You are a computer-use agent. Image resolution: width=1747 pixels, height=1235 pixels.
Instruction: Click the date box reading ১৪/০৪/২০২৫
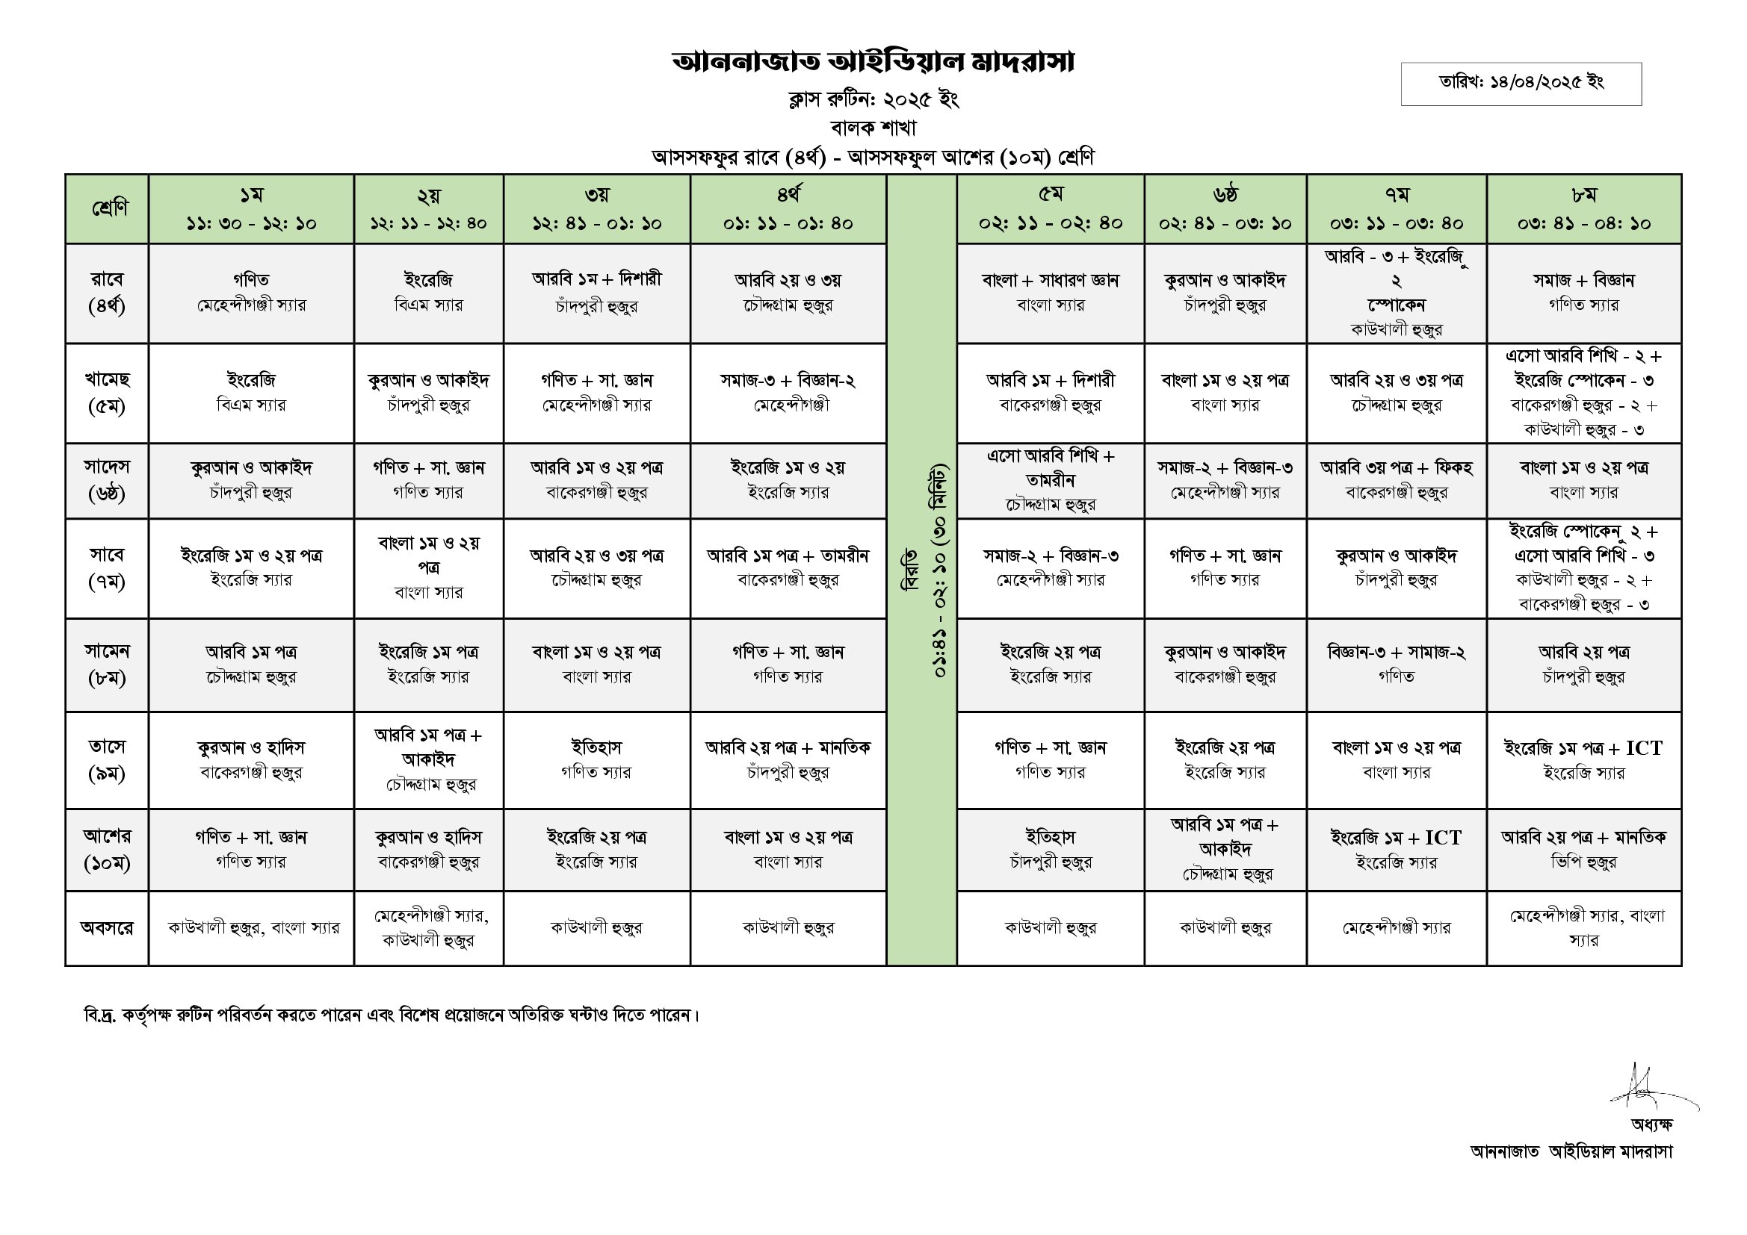1521,82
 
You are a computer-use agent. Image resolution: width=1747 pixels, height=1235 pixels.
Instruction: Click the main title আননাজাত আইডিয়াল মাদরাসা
873,63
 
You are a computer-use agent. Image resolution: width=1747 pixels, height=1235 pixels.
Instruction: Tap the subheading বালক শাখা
873,128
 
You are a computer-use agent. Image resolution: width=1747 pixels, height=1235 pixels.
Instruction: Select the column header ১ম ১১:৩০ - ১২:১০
251,209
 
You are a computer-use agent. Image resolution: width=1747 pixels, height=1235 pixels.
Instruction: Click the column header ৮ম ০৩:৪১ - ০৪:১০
1583,209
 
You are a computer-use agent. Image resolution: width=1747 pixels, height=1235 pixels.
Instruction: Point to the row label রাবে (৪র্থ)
107,293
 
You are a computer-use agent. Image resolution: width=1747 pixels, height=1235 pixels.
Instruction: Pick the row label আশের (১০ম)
107,850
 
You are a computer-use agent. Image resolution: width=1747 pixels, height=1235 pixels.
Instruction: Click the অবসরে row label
107,928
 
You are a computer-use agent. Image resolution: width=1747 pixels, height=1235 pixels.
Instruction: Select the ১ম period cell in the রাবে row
251,293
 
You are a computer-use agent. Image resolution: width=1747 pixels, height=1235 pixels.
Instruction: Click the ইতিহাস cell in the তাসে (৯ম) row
596,759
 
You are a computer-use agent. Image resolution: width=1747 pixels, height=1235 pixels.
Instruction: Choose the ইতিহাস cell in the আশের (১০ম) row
1050,850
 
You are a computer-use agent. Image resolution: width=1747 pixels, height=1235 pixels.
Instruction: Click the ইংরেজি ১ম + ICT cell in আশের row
1397,850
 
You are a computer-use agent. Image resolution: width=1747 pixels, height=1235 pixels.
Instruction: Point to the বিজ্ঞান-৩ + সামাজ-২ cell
1397,664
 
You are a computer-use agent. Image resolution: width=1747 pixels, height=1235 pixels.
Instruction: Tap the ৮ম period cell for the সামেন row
1583,664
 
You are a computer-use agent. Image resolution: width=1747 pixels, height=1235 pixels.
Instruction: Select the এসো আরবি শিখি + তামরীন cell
1050,480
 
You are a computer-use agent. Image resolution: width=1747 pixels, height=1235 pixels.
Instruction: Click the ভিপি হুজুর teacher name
1583,862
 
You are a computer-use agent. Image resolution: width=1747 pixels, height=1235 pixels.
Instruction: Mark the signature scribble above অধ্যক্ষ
1648,1087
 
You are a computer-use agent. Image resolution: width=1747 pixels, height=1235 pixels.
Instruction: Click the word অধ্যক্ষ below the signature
1651,1124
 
